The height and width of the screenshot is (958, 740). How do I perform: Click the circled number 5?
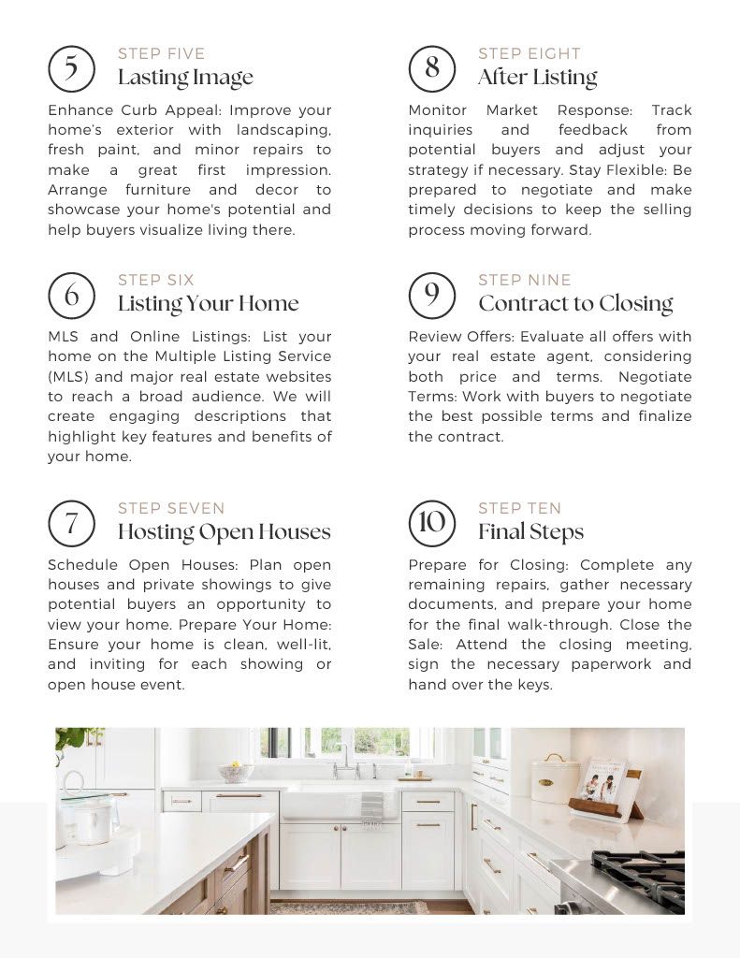(x=71, y=68)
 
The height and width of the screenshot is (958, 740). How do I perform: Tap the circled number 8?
(x=431, y=68)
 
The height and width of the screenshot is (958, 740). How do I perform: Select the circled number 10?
(x=431, y=522)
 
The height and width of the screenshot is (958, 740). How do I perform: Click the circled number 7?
(x=71, y=522)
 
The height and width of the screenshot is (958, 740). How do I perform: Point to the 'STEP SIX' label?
(x=155, y=280)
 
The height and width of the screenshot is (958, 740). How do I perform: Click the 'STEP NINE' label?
(x=524, y=280)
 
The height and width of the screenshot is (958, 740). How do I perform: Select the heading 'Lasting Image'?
(x=185, y=78)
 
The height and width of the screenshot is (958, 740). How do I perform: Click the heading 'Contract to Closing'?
(x=575, y=304)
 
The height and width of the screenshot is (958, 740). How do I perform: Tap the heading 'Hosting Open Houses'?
(x=224, y=532)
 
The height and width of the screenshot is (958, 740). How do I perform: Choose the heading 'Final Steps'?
(x=530, y=532)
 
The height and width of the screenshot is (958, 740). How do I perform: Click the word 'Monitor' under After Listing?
(x=437, y=109)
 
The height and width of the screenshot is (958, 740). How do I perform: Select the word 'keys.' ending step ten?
(x=533, y=684)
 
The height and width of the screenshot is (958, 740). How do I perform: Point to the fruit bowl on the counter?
(x=235, y=772)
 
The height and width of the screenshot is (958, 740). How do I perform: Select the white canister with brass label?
(x=555, y=779)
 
